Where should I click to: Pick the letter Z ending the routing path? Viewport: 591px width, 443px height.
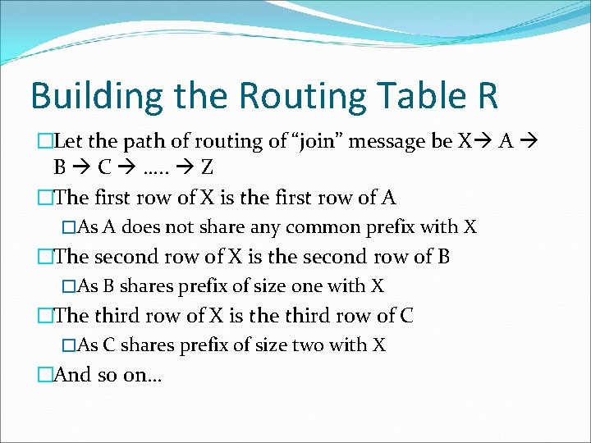[x=207, y=167]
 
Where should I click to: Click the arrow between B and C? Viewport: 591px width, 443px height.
[x=80, y=168]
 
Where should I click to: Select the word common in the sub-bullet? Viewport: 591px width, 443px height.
[x=303, y=227]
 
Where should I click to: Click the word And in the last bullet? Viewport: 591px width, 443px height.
[x=72, y=374]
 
